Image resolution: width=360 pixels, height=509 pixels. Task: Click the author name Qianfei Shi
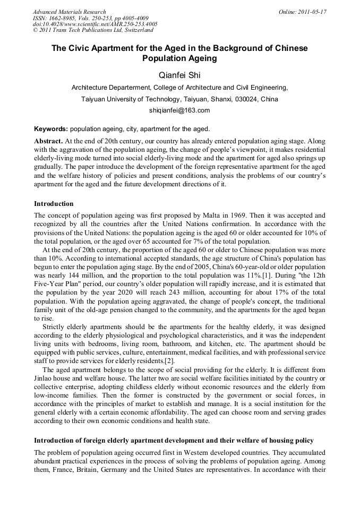pos(180,76)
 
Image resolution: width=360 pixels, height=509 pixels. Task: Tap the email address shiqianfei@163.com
pos(180,110)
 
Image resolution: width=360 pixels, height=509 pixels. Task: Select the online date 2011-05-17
pos(313,12)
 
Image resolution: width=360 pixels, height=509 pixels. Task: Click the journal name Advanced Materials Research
pos(69,12)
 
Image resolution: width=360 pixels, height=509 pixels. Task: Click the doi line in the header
pos(95,24)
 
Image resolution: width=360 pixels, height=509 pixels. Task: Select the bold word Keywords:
pos(51,129)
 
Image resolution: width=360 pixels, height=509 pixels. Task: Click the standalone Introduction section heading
pos(54,203)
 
